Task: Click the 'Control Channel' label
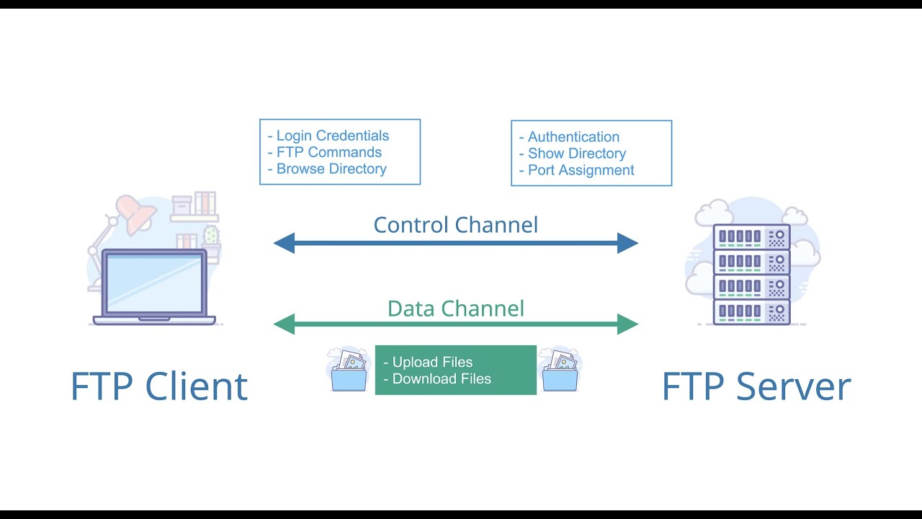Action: tap(455, 225)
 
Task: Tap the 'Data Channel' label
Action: tap(455, 309)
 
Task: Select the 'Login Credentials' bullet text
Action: tap(332, 136)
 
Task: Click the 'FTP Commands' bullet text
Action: tap(328, 152)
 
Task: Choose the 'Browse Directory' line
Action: tap(331, 169)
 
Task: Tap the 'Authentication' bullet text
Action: tap(573, 137)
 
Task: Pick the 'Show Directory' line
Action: tap(576, 154)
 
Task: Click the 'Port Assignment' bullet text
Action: tap(581, 170)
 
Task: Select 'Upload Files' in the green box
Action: tap(432, 362)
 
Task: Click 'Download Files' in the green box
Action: tap(441, 379)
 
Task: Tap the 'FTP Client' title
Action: tap(159, 386)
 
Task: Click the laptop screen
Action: tap(153, 282)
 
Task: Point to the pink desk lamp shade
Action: tap(135, 213)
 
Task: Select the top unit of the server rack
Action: tap(751, 236)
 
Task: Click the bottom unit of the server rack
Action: tap(751, 311)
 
